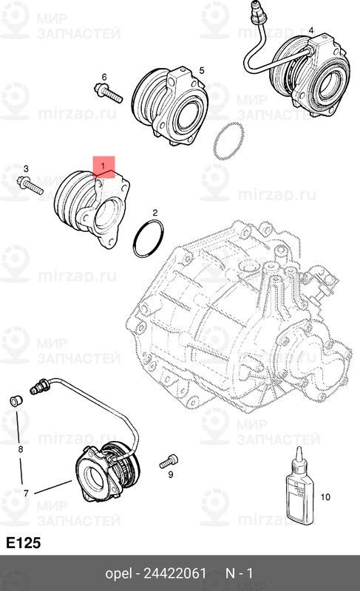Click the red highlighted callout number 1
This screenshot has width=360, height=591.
104,160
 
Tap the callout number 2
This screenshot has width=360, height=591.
155,213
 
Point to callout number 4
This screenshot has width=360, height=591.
310,30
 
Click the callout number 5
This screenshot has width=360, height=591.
201,70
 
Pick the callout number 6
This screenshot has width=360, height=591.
104,77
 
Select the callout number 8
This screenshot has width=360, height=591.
21,449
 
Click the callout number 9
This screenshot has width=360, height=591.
171,475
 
